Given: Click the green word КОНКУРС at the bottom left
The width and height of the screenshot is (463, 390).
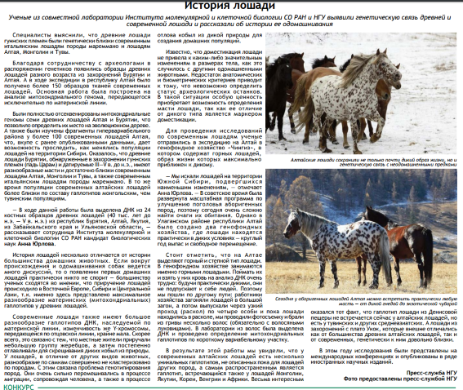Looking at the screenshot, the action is point(18,384).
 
